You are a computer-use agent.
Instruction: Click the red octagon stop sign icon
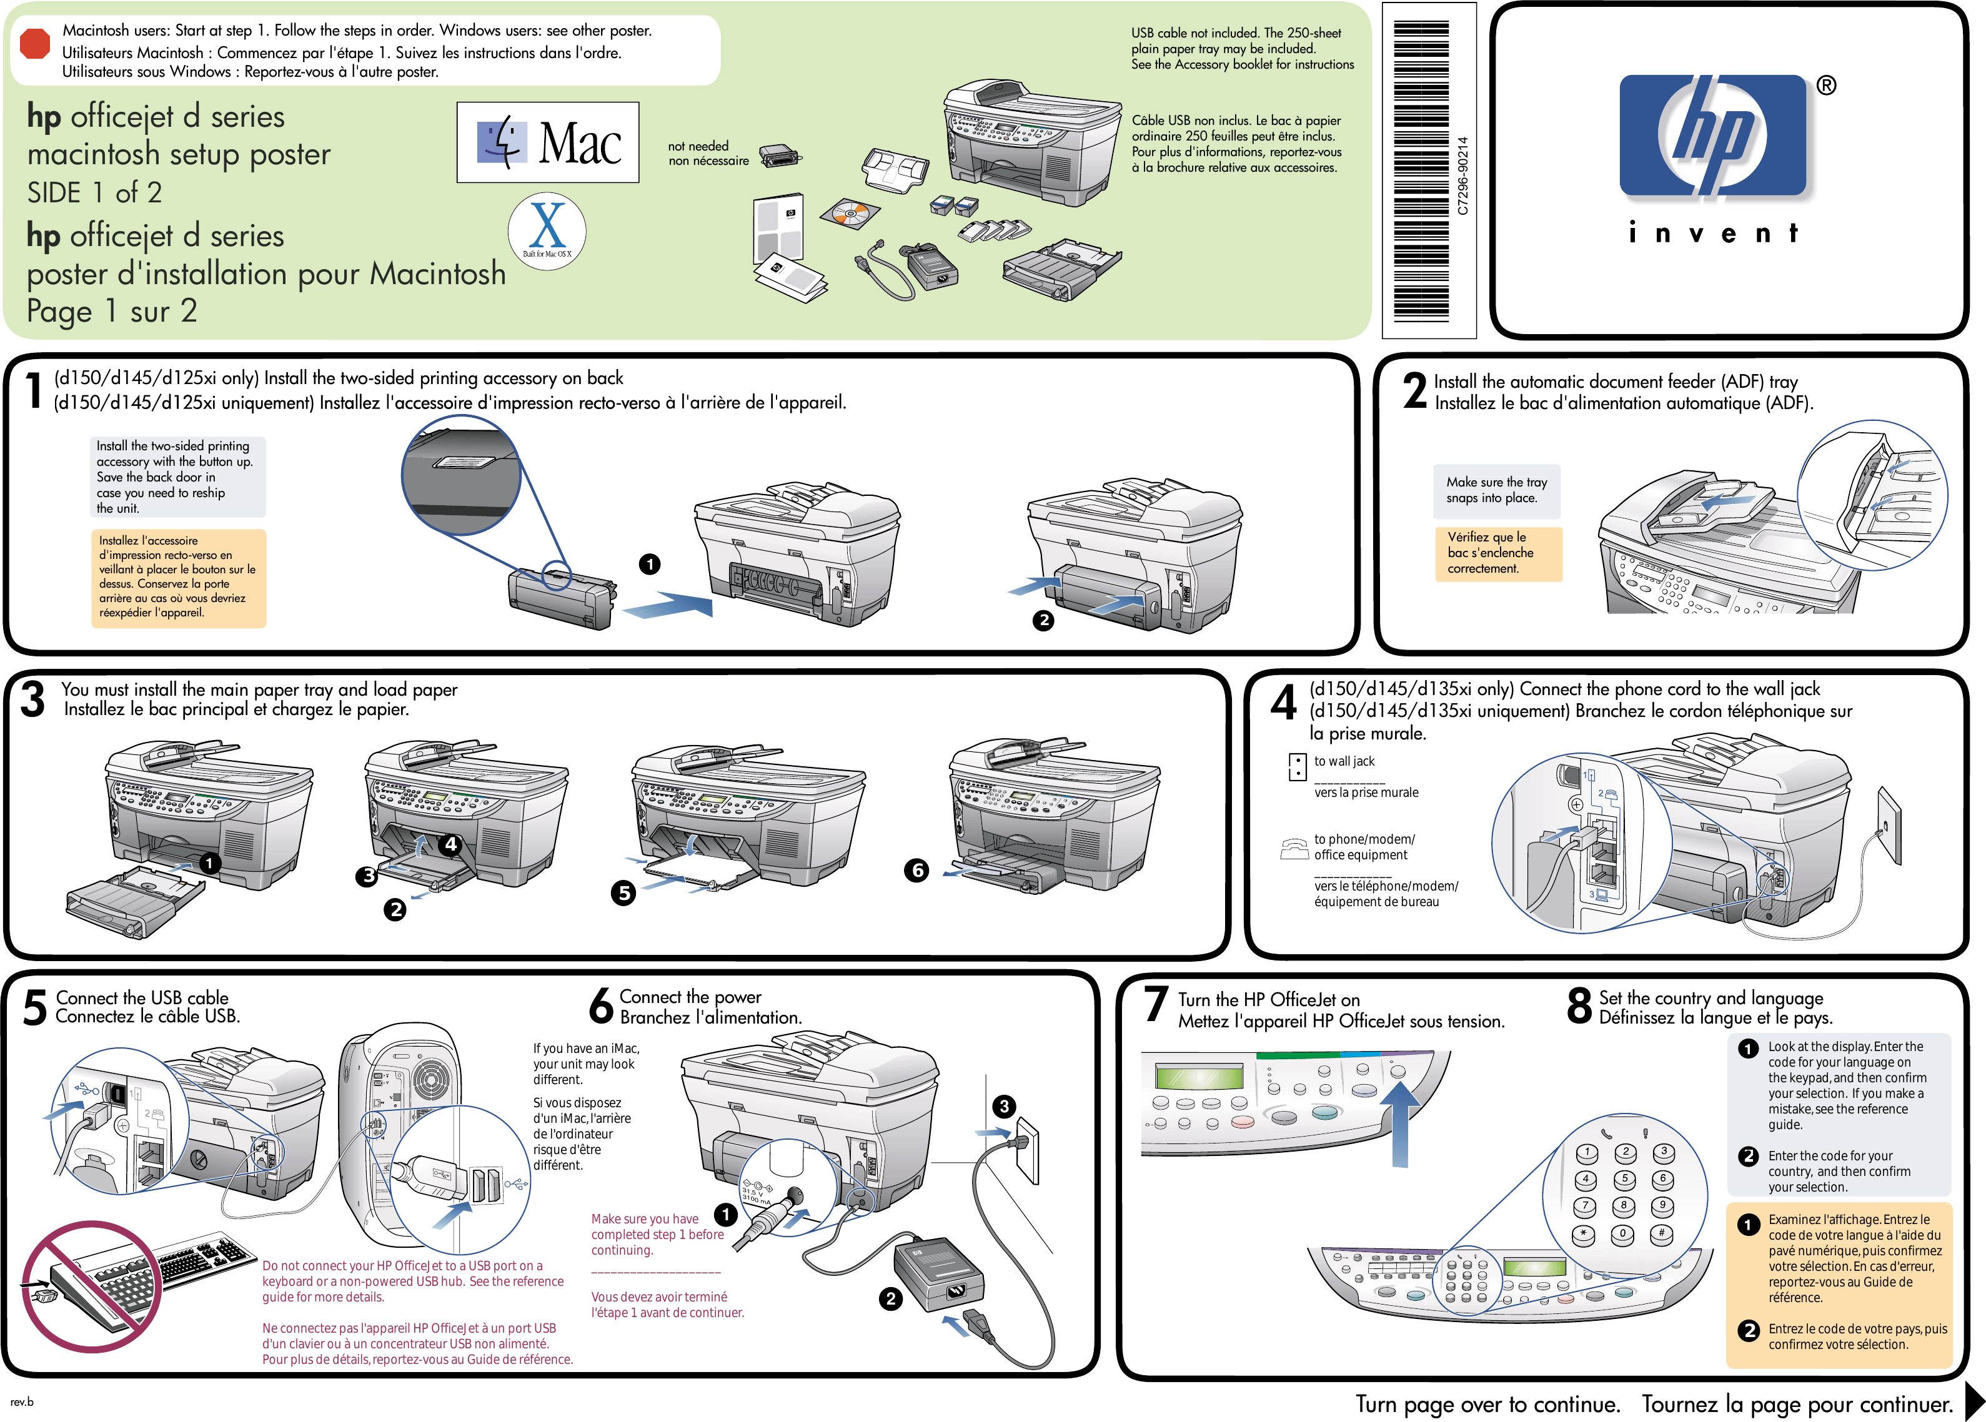pyautogui.click(x=35, y=44)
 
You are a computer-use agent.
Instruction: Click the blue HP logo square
pyautogui.click(x=1713, y=136)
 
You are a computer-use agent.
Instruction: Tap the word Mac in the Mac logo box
pyautogui.click(x=580, y=143)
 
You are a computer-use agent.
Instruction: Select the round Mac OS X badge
pyautogui.click(x=547, y=231)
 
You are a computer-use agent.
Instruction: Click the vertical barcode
pyautogui.click(x=1421, y=170)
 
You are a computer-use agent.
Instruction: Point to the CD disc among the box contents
pyautogui.click(x=850, y=213)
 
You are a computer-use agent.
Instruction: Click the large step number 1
pyautogui.click(x=33, y=390)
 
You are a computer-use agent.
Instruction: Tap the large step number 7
pyautogui.click(x=1156, y=1004)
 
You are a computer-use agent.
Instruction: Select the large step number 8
pyautogui.click(x=1579, y=1005)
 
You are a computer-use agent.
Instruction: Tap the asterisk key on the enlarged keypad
pyautogui.click(x=1584, y=1234)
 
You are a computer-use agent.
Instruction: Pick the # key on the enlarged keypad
pyautogui.click(x=1661, y=1234)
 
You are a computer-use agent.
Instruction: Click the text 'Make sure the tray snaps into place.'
pyautogui.click(x=1496, y=490)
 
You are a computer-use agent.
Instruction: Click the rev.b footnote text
pyautogui.click(x=22, y=1401)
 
